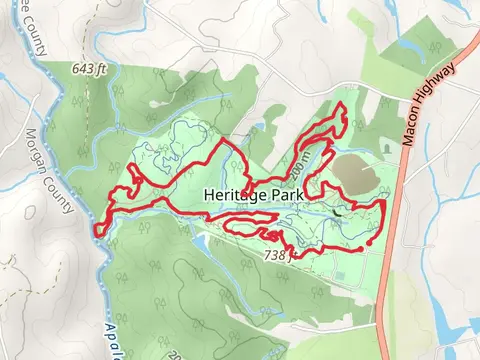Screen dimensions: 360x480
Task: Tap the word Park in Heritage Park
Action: pyautogui.click(x=278, y=195)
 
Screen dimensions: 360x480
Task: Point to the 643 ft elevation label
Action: pyautogui.click(x=88, y=69)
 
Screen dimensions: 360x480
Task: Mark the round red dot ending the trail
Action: pyautogui.click(x=369, y=242)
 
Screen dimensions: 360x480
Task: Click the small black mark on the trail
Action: pyautogui.click(x=338, y=212)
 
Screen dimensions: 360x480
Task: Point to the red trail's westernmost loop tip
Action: pyautogui.click(x=98, y=231)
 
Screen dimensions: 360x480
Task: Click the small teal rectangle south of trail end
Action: pyautogui.click(x=367, y=263)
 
